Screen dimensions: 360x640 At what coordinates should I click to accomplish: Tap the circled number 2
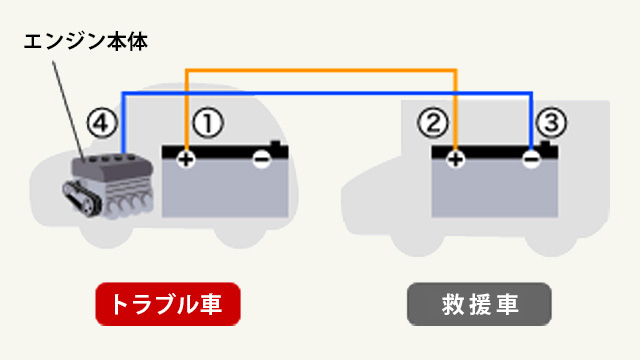click(x=432, y=123)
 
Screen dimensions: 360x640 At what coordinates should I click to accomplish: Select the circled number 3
click(x=551, y=123)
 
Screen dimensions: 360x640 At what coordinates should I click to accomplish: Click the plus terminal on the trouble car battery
click(x=186, y=159)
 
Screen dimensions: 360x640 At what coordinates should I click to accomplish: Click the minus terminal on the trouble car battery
click(x=262, y=159)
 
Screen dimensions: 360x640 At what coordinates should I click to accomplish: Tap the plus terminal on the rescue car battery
click(x=456, y=159)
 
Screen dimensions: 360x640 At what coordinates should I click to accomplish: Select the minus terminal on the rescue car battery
click(x=531, y=159)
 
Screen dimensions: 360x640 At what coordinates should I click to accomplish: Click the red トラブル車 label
click(x=168, y=304)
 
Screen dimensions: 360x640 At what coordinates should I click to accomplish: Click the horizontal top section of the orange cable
click(x=320, y=71)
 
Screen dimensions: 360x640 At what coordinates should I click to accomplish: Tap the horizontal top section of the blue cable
click(x=320, y=93)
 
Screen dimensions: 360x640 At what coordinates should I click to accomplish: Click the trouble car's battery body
click(x=225, y=190)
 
